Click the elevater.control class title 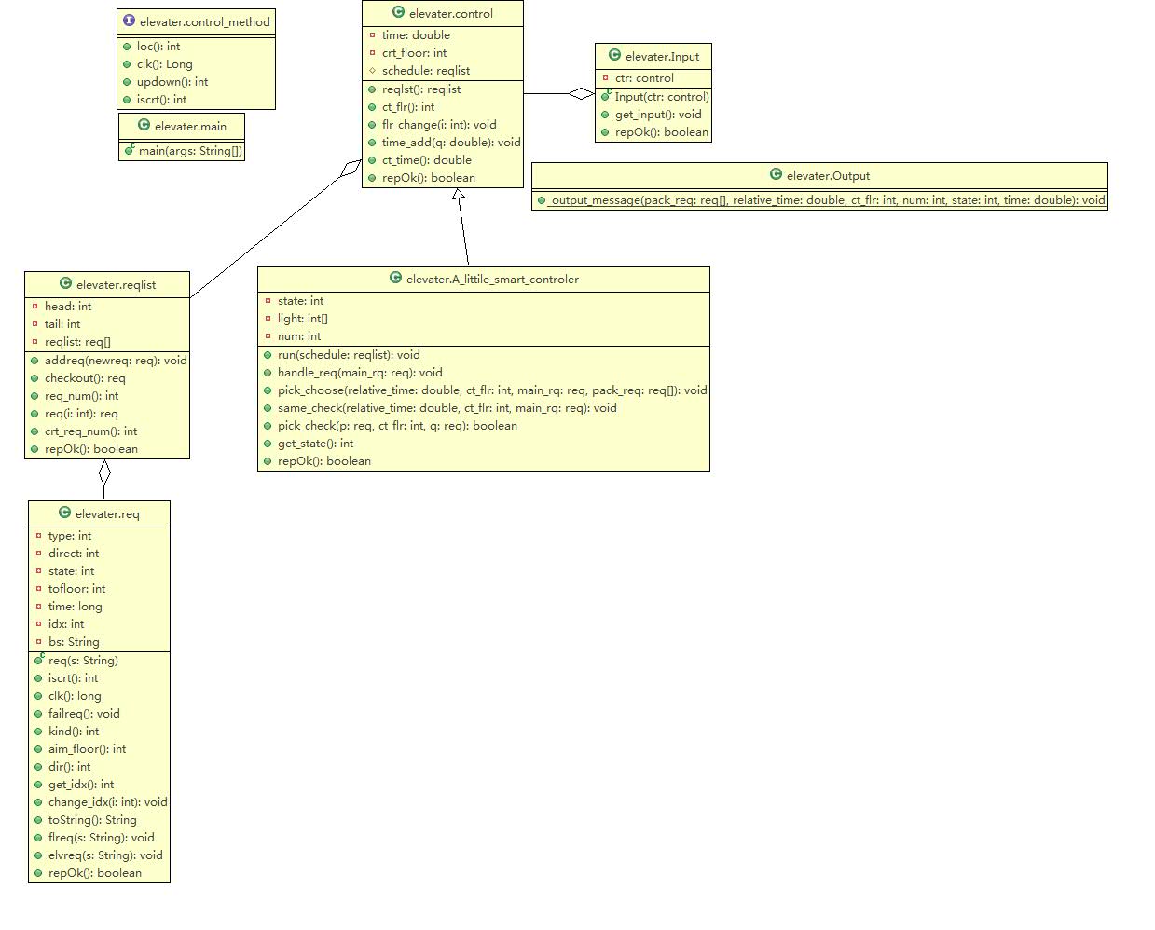[451, 14]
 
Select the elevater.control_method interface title [204, 22]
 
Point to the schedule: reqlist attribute [425, 71]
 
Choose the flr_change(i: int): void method [438, 125]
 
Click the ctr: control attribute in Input [644, 78]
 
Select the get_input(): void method [657, 115]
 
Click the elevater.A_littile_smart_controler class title [492, 280]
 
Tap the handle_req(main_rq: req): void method [359, 373]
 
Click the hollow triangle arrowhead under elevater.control [458, 195]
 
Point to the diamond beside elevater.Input [582, 93]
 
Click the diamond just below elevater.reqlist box [104, 473]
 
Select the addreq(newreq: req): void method [115, 361]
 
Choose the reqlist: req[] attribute [77, 342]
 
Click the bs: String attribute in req [74, 642]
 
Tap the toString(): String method [92, 820]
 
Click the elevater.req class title [107, 514]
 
